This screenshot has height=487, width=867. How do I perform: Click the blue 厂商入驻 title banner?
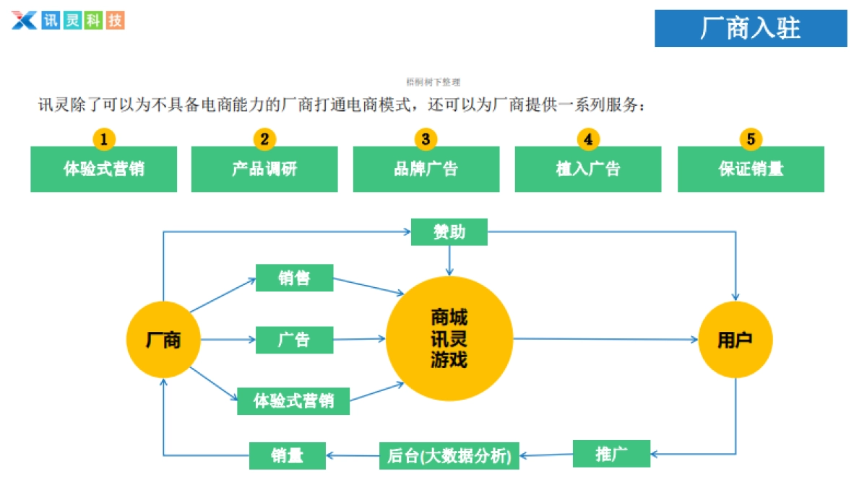click(751, 28)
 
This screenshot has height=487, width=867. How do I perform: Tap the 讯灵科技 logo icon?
click(24, 20)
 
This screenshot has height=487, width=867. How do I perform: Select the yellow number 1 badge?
click(104, 139)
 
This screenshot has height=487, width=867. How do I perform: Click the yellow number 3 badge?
click(426, 139)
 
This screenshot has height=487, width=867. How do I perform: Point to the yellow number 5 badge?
click(751, 139)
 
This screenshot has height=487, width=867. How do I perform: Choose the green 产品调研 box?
click(264, 170)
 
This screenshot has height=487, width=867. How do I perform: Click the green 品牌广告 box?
click(426, 170)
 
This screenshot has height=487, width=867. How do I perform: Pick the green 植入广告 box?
click(588, 170)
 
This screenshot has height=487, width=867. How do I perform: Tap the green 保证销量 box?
click(751, 170)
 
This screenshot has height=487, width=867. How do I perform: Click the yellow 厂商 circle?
click(163, 340)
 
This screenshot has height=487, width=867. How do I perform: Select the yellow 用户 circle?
click(736, 340)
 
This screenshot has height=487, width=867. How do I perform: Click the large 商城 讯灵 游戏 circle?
click(449, 338)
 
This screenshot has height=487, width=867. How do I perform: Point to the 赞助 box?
click(449, 232)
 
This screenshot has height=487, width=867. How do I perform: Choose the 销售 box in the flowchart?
click(294, 278)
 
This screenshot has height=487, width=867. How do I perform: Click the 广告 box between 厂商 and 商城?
click(294, 340)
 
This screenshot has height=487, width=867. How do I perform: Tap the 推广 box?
click(611, 454)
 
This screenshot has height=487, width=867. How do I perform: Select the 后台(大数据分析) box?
click(449, 455)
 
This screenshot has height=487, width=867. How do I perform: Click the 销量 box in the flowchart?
click(287, 455)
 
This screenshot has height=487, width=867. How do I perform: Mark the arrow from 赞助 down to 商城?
click(449, 260)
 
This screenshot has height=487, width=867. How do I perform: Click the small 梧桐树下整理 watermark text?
click(433, 83)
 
